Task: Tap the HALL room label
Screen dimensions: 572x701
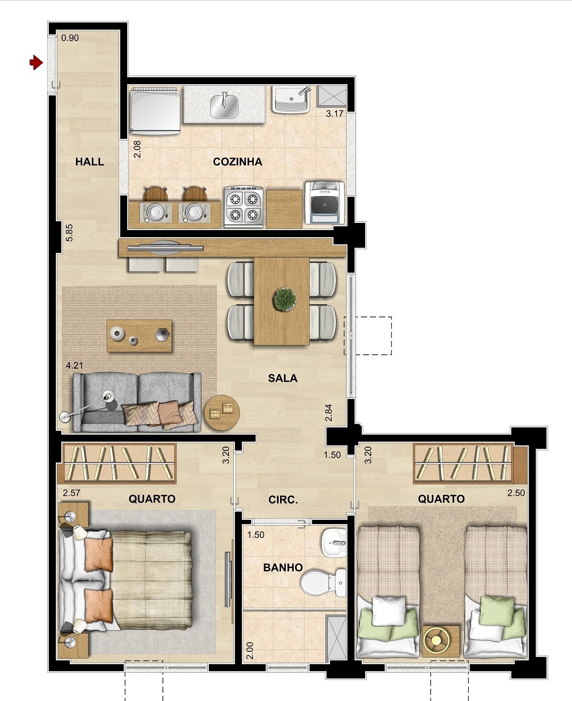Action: click(90, 162)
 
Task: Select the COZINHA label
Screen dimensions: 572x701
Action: click(237, 162)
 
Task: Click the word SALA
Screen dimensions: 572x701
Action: click(283, 378)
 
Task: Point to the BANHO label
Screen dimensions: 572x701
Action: click(283, 568)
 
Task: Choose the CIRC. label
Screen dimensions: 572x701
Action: click(283, 500)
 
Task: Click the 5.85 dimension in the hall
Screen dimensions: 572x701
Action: click(69, 233)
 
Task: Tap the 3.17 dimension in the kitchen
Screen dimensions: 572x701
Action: click(335, 114)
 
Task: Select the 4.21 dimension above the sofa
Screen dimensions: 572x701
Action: click(75, 366)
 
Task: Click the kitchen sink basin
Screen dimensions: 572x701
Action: click(224, 106)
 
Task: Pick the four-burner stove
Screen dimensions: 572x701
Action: click(244, 207)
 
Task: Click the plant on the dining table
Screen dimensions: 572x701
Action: click(285, 299)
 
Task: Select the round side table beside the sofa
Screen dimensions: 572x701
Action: click(222, 413)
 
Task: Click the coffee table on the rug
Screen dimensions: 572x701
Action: click(139, 336)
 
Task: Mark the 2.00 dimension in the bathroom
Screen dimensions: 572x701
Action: click(250, 650)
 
